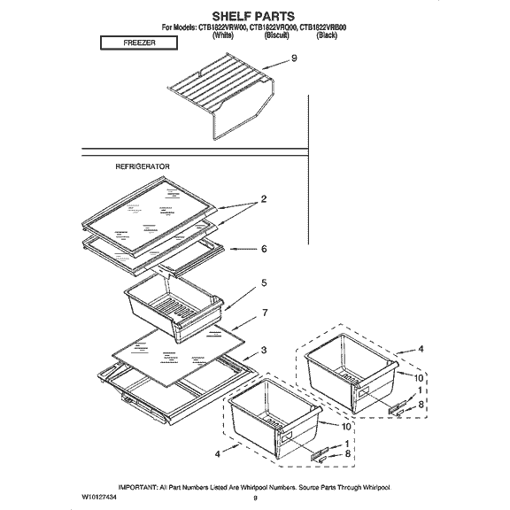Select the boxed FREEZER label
tap(133, 42)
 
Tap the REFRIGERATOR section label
tap(143, 166)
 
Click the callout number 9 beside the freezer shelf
tap(294, 59)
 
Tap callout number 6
tap(264, 249)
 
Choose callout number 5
tap(263, 283)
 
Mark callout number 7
tap(264, 313)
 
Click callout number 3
tap(264, 351)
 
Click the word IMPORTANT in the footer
tap(143, 488)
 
